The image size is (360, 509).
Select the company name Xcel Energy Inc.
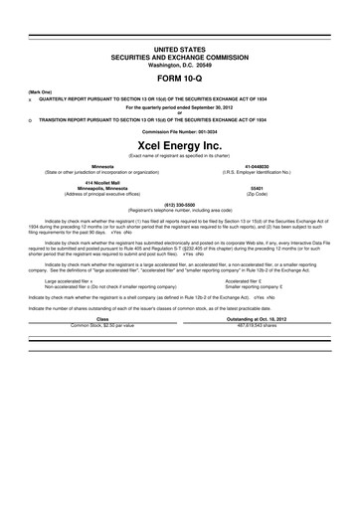180,145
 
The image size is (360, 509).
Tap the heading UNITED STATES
180,48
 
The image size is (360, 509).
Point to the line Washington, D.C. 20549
180,64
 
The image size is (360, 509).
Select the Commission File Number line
180,130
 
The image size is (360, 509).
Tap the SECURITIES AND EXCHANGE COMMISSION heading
180,56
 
